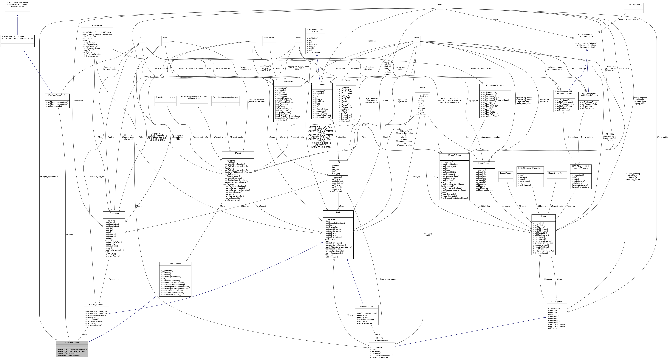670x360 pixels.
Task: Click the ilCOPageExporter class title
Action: (x=72, y=342)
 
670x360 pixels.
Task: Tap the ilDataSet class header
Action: (x=338, y=212)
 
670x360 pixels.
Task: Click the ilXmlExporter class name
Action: (x=175, y=264)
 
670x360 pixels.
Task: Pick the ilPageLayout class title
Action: (x=114, y=213)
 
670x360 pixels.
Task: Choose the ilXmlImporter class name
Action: (x=556, y=302)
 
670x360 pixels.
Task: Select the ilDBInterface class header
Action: (x=97, y=26)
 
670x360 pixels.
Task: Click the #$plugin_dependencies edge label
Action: (x=49, y=177)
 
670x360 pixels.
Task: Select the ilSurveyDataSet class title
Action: (x=366, y=306)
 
